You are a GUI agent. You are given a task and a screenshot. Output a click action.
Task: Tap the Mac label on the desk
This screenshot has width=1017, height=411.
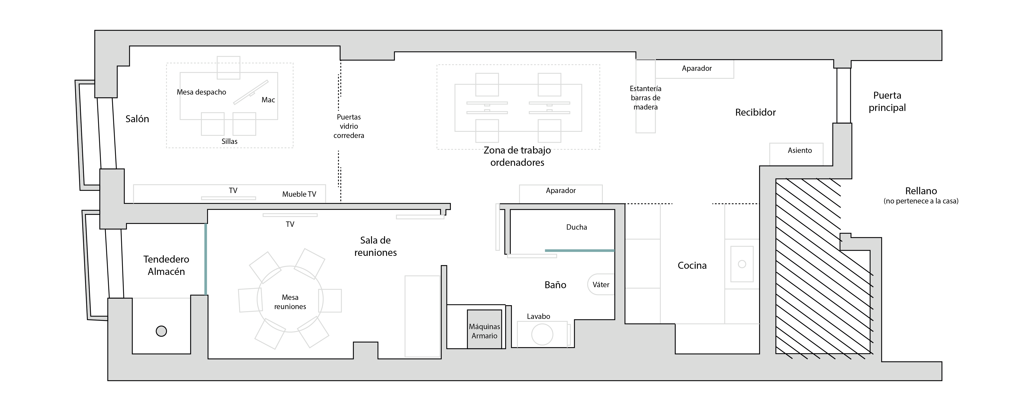pos(268,100)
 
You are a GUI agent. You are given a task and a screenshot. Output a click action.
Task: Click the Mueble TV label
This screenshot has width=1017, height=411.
pos(299,194)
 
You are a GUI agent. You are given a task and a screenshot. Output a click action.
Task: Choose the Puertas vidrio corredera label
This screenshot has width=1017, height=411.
pos(349,126)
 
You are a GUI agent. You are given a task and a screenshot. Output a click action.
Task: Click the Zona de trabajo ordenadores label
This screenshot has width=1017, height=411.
pos(517,156)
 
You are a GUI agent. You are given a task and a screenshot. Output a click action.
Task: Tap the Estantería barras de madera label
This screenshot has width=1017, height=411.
pos(645,98)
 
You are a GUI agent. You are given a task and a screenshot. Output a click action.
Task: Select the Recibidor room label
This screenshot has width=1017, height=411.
pos(755,112)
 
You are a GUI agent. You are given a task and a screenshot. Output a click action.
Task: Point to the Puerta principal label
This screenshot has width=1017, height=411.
pos(887,101)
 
